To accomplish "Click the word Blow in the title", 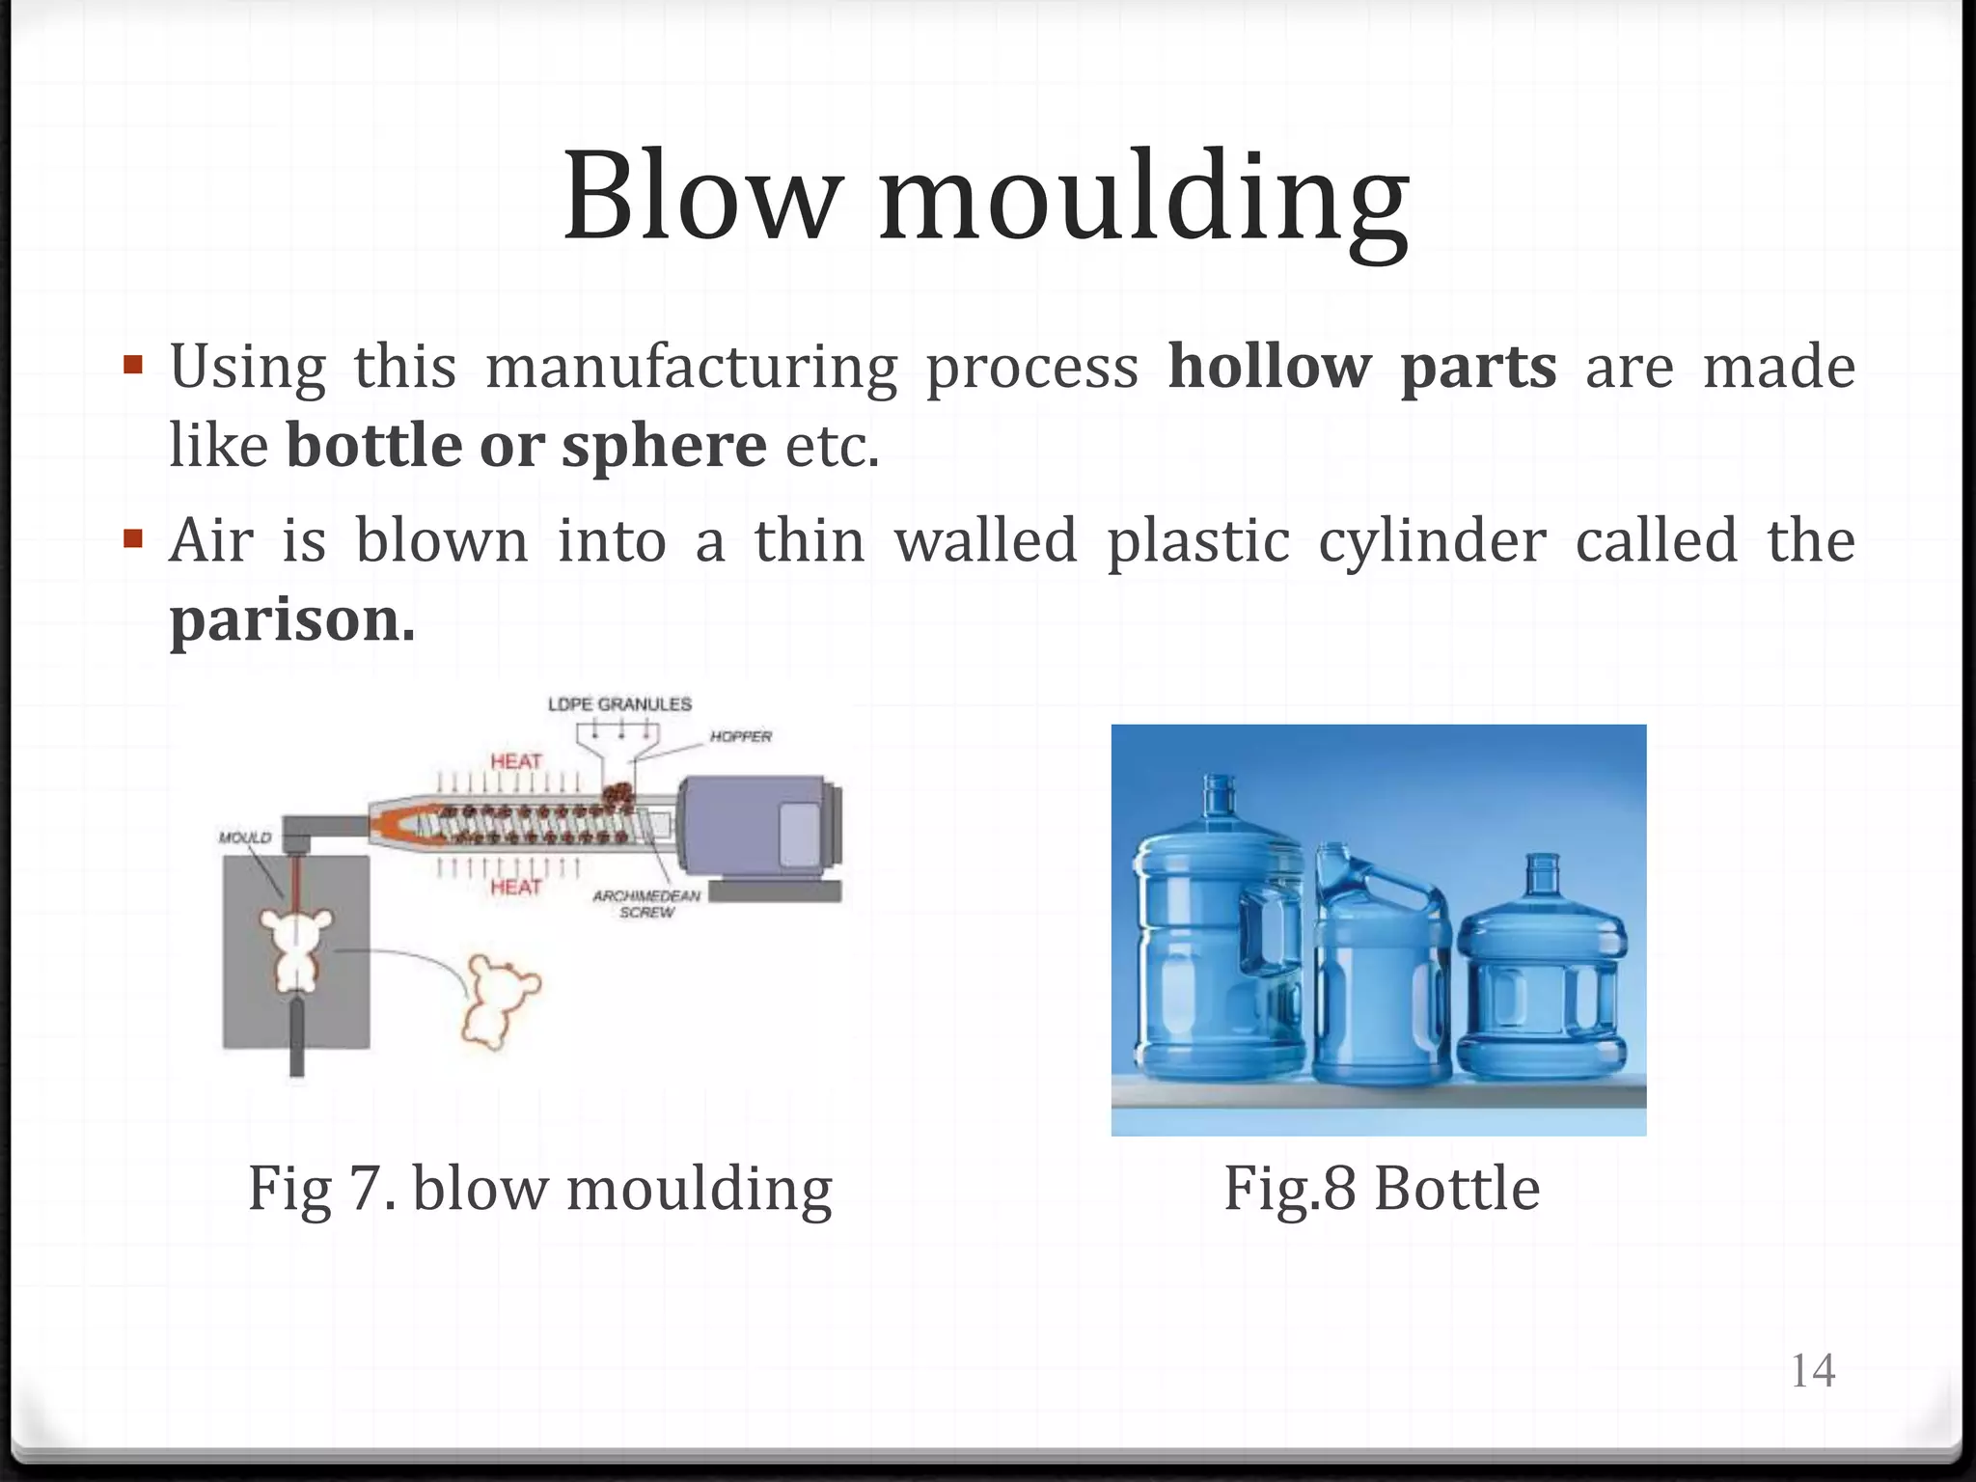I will coord(700,198).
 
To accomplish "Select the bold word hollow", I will coord(1269,367).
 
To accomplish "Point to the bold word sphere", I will coord(664,446).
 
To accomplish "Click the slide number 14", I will coord(1812,1370).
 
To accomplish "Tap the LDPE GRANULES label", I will coord(619,704).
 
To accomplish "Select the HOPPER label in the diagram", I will coord(741,736).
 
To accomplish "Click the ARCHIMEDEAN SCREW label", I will coord(646,903).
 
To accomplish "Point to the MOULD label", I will coord(245,837).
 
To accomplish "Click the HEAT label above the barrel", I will coord(516,761).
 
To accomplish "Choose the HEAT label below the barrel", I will coord(516,886).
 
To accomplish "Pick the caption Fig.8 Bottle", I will coord(1382,1188).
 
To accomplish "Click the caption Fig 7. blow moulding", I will coord(540,1188).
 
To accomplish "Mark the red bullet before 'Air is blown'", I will coord(133,536).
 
